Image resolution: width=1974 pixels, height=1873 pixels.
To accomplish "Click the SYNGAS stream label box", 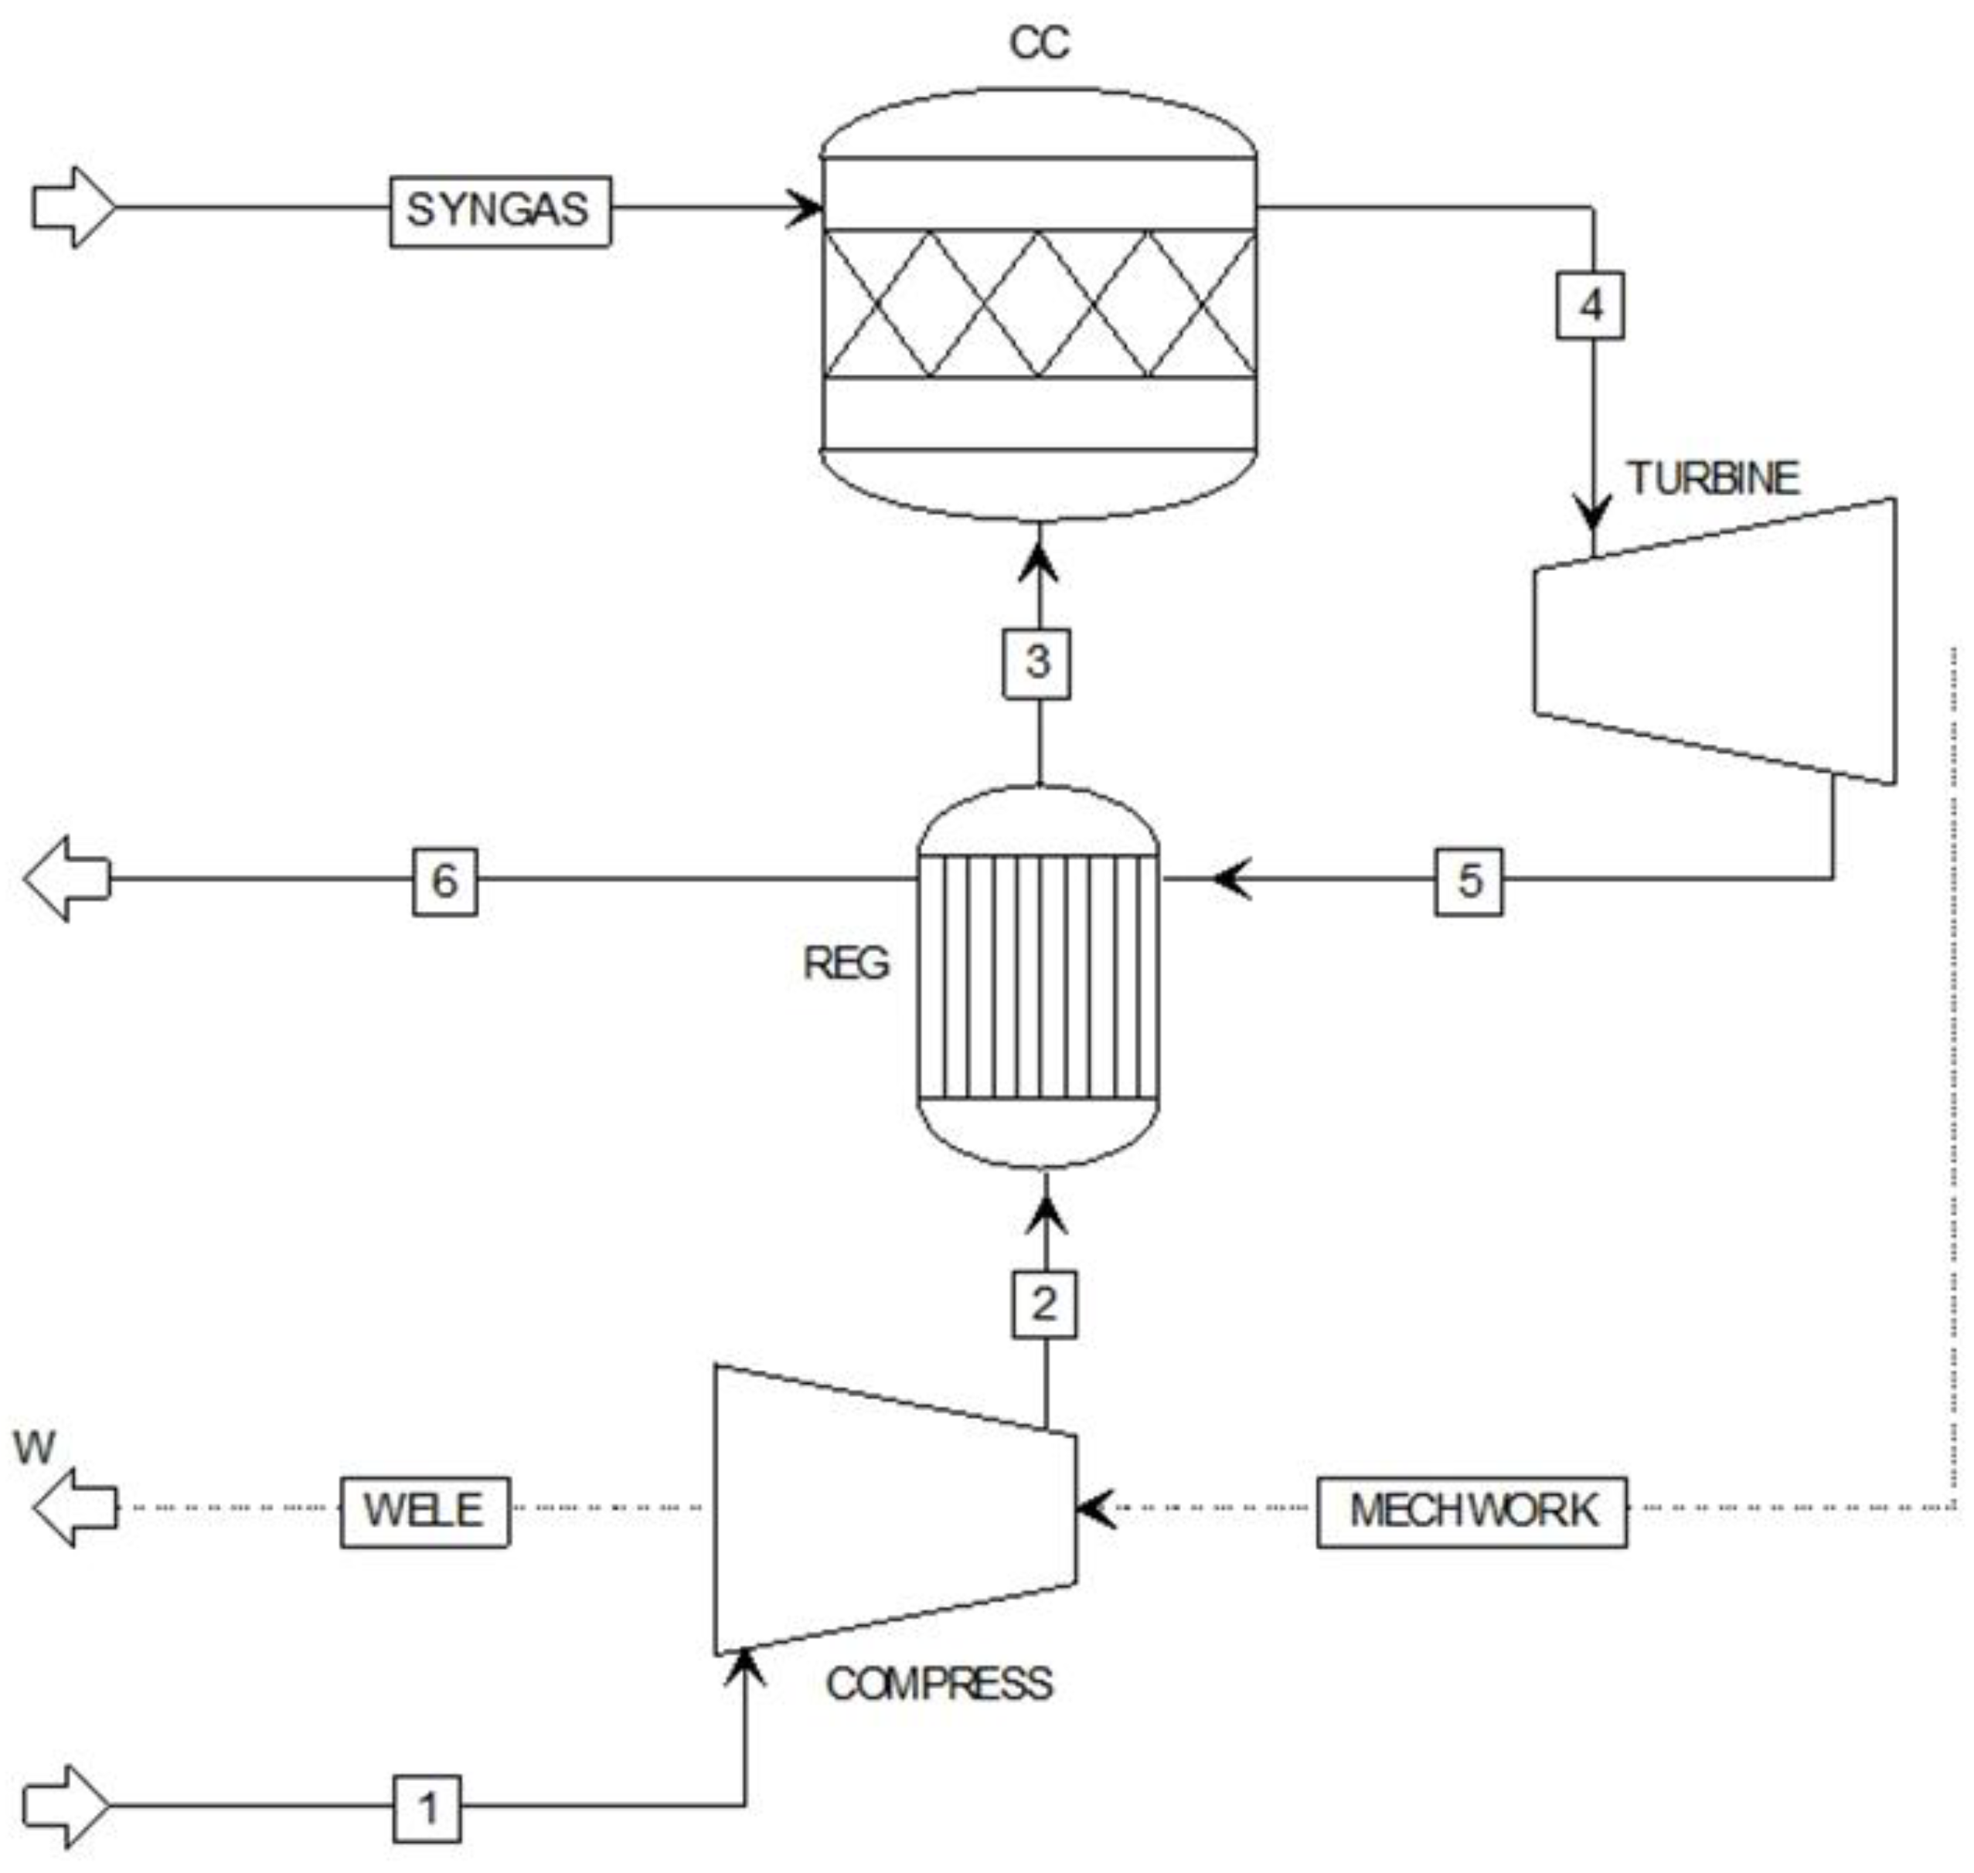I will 499,211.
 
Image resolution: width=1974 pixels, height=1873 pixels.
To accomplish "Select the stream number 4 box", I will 1590,305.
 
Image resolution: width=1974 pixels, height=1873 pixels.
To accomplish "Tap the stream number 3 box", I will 1037,662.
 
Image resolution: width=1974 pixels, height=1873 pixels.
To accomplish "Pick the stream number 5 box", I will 1469,881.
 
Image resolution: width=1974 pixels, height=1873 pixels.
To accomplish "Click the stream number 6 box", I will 444,881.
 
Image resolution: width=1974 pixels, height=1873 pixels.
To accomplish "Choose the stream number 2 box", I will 1044,1303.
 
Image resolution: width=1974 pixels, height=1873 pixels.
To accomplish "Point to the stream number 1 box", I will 427,1808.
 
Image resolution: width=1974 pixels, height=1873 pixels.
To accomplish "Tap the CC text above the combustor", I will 1040,43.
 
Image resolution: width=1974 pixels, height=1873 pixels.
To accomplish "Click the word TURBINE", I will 1714,479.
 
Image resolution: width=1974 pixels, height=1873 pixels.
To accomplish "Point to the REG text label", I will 846,964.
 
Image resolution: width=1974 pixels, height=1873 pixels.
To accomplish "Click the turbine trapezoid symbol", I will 1714,642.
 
